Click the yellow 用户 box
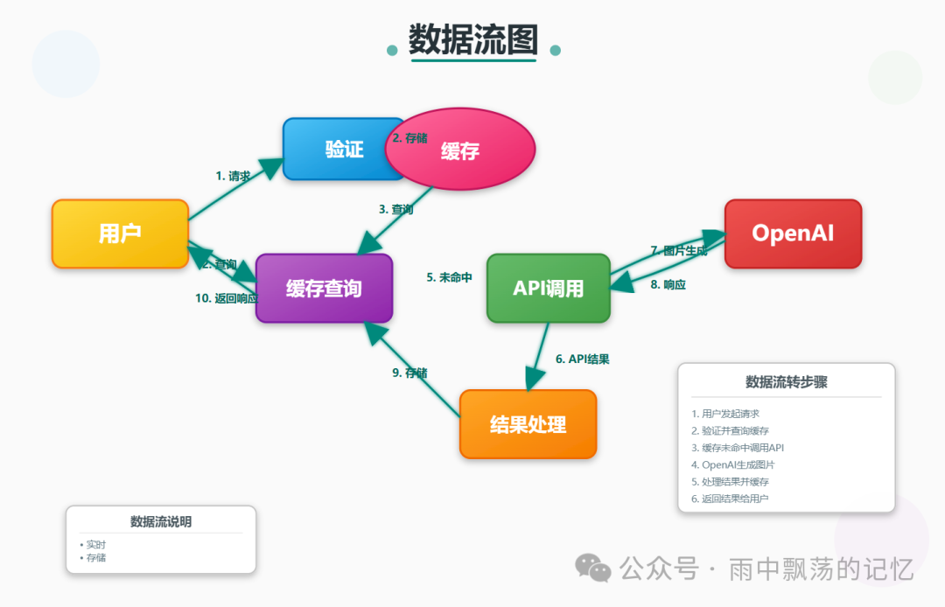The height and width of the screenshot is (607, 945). point(120,234)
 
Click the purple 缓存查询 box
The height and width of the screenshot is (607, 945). point(324,288)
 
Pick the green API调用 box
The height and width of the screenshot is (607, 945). point(548,288)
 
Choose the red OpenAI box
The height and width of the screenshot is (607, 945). point(793,234)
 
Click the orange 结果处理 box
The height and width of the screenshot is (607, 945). point(528,424)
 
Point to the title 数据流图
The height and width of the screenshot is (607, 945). point(473,39)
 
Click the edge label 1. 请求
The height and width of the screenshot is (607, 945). point(233,176)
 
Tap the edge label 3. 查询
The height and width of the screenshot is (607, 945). point(395,209)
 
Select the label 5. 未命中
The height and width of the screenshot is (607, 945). point(449,277)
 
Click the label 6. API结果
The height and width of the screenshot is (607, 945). point(582,359)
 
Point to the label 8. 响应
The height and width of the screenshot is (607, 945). point(668,284)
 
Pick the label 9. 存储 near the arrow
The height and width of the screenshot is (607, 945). point(409,373)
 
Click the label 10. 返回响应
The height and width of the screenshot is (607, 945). point(226,298)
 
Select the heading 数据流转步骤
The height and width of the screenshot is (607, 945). point(786,381)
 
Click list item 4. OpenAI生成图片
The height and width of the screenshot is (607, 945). point(738,464)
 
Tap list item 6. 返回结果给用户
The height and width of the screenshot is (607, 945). point(735,499)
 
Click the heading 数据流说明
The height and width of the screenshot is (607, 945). point(161,521)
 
